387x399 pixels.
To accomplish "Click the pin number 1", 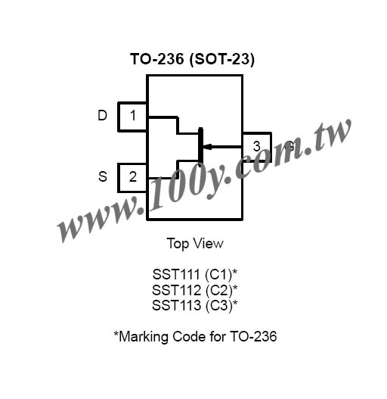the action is (133, 115).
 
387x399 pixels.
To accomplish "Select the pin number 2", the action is (133, 176).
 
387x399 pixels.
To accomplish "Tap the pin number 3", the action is (257, 146).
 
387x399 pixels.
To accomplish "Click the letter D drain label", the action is (102, 115).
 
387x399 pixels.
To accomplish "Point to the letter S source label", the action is (103, 176).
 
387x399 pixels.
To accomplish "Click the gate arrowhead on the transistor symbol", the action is (207, 147).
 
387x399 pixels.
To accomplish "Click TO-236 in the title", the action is (156, 59).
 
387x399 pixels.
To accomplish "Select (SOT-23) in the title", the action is (221, 60).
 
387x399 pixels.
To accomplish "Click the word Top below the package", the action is (178, 244).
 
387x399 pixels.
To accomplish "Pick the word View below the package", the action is (209, 243).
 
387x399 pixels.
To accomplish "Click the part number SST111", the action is (176, 274).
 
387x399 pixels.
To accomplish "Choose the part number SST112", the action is (176, 290).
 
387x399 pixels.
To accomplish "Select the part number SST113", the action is (176, 305).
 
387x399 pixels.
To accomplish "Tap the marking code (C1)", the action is (218, 275).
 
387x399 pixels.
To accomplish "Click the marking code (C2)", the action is (218, 290).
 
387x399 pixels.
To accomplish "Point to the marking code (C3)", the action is (218, 306).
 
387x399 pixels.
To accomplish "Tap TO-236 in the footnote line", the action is (253, 336).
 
